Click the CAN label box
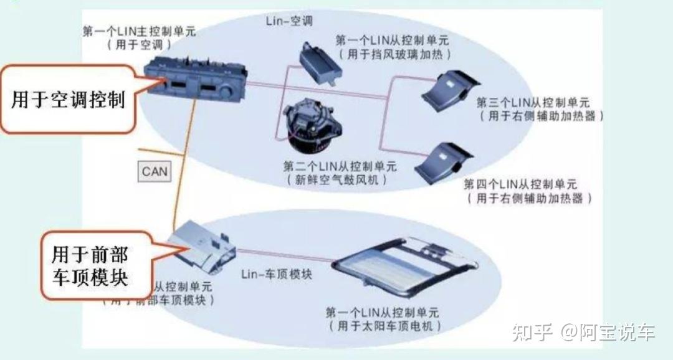[155, 171]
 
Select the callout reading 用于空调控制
[69, 99]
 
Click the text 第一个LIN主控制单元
[139, 31]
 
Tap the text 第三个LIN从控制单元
[532, 103]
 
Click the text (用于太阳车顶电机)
[383, 326]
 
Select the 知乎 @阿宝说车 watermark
[583, 333]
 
